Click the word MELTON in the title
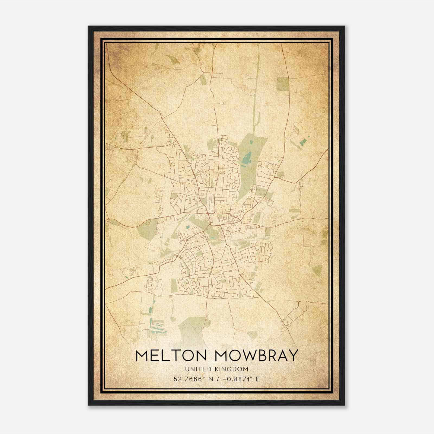point(173,356)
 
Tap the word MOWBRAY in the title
point(256,356)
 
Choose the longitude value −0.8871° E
point(241,379)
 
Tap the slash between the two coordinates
point(217,379)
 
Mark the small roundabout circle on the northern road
point(217,125)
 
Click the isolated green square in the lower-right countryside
point(317,269)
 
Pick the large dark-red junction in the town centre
point(208,214)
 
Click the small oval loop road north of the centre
point(222,172)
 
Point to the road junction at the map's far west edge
point(108,219)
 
